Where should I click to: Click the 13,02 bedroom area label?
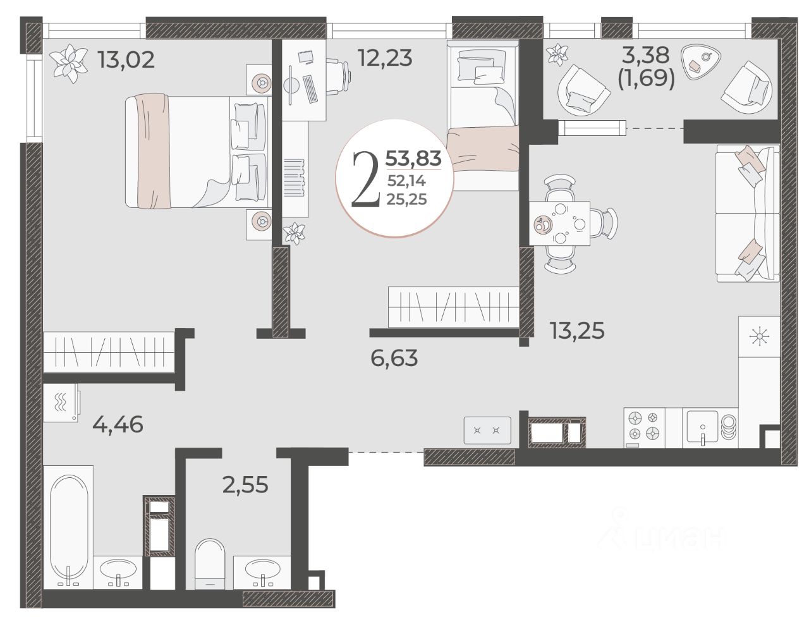click(126, 60)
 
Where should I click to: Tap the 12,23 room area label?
click(385, 58)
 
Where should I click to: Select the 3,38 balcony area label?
click(645, 56)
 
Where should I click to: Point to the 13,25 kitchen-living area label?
click(578, 330)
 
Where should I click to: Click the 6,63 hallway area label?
click(394, 358)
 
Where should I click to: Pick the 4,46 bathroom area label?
click(118, 424)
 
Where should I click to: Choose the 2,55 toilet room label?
click(245, 485)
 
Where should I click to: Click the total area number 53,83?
click(413, 158)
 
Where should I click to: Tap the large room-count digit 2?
click(366, 179)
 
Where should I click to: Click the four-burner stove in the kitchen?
click(644, 427)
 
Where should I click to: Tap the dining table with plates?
click(559, 223)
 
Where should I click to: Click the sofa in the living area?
click(748, 213)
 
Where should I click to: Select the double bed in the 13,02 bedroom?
click(197, 151)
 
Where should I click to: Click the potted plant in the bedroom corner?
click(68, 63)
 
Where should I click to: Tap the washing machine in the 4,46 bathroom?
click(61, 403)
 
